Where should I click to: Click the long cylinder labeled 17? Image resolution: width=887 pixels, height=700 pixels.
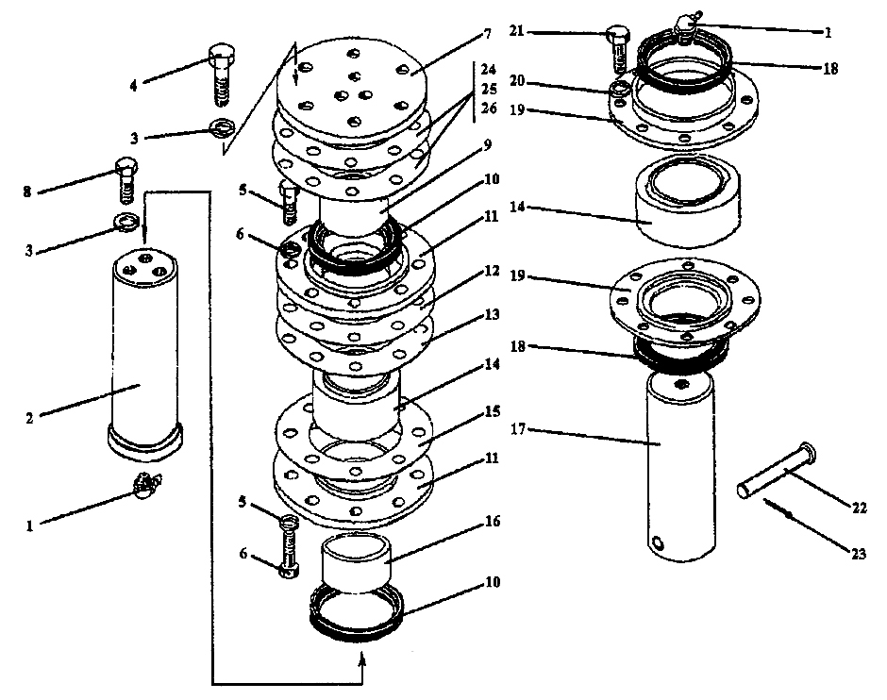[679, 462]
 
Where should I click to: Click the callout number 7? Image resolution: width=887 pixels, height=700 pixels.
[487, 34]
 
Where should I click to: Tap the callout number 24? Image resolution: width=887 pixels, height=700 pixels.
[488, 71]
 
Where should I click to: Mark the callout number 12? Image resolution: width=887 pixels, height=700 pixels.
[491, 270]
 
